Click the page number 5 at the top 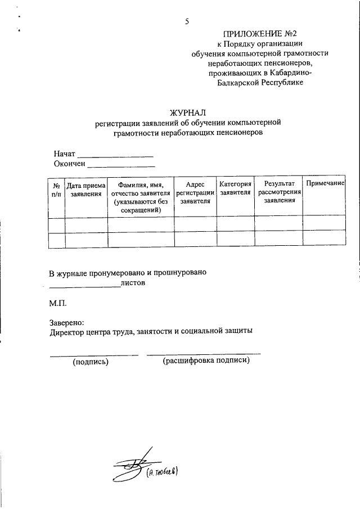(186, 22)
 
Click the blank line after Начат (115, 154)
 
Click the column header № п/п (56, 189)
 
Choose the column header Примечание (325, 184)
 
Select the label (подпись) (90, 362)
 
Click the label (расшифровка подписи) (206, 361)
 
